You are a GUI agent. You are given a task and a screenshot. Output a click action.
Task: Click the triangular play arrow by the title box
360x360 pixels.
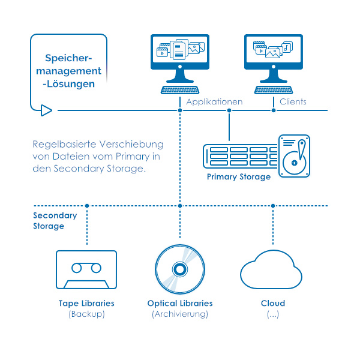[46, 110]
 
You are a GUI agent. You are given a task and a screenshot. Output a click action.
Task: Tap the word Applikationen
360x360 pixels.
[214, 102]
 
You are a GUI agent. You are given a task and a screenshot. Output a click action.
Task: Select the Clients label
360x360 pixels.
[293, 101]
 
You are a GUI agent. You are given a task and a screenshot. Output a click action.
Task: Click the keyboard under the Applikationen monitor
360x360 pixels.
[180, 90]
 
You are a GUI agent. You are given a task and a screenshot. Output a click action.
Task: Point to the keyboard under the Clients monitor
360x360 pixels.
[274, 90]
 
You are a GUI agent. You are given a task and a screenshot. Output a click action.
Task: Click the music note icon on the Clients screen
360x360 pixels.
[287, 47]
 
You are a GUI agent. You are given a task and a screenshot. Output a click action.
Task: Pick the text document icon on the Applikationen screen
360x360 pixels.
[179, 51]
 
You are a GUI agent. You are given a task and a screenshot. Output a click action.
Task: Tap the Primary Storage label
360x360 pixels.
[239, 177]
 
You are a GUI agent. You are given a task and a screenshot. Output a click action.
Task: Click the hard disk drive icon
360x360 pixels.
[294, 156]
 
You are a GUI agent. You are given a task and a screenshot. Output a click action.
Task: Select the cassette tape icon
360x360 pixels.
[86, 269]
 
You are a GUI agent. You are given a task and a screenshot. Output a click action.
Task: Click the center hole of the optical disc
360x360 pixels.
[180, 269]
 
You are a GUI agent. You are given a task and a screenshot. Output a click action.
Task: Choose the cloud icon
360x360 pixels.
[271, 270]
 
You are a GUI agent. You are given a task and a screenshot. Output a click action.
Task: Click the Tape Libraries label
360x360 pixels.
[86, 303]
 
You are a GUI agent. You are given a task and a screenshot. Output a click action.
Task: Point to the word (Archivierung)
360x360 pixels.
[180, 314]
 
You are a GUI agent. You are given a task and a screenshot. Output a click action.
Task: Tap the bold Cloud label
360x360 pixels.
[273, 303]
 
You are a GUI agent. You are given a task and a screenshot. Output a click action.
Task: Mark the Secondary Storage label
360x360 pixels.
[55, 221]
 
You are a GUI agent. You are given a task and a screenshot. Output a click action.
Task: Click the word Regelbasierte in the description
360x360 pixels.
[64, 145]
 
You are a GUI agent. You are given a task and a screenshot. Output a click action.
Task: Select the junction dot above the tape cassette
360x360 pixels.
[87, 206]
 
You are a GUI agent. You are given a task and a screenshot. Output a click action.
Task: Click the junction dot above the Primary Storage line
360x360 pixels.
[229, 110]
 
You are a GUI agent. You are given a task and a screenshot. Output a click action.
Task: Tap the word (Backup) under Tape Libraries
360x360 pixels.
[86, 314]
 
